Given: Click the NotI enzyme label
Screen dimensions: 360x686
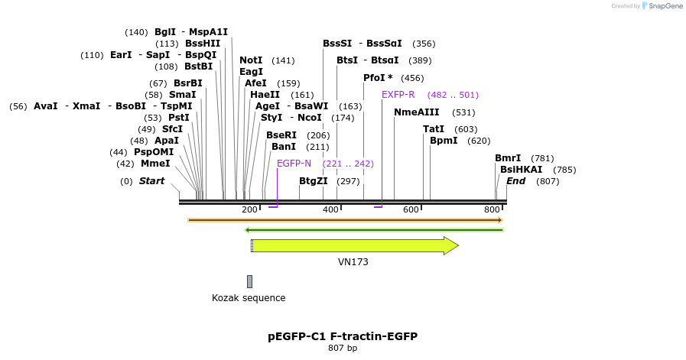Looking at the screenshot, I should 251,60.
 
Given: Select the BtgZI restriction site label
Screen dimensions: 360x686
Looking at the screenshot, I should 313,181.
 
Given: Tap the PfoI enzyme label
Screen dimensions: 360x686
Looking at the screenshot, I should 378,78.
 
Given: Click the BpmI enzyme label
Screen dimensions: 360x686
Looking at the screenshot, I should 444,141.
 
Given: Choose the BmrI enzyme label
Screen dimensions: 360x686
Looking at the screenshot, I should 508,158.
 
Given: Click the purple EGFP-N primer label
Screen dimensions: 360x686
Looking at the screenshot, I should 294,164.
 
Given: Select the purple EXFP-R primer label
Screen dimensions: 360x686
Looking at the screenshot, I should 398,95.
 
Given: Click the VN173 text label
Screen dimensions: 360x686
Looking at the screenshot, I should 353,261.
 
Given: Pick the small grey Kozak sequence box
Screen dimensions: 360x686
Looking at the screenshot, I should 249,282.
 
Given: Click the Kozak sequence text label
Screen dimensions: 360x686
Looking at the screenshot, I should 249,298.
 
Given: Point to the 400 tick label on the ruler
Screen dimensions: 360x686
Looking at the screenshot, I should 330,210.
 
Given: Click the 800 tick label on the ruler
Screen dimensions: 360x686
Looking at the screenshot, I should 492,210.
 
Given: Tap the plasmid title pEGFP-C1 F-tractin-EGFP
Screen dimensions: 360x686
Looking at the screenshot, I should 343,336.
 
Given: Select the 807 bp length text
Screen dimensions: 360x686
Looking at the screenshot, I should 343,349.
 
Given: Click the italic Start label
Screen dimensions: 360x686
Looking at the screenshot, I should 151,181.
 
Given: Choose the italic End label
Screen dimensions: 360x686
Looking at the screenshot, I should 515,181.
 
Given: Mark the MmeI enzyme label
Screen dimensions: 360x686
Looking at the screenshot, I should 155,164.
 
